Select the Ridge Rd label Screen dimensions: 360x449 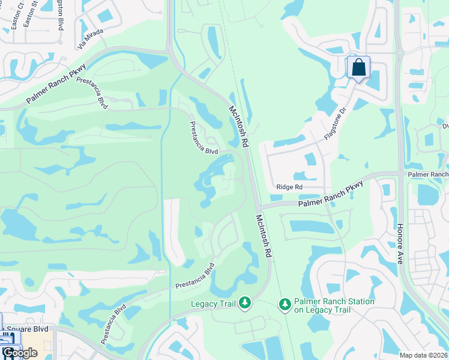tap(289, 187)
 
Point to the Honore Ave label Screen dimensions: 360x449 tap(400, 245)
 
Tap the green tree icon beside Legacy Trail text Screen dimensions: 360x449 tap(244, 304)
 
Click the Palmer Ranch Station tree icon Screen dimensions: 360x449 tap(285, 305)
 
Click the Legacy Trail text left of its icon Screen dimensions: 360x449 tap(213, 304)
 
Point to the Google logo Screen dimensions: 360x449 tap(19, 353)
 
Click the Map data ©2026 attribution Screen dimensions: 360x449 tap(423, 355)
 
